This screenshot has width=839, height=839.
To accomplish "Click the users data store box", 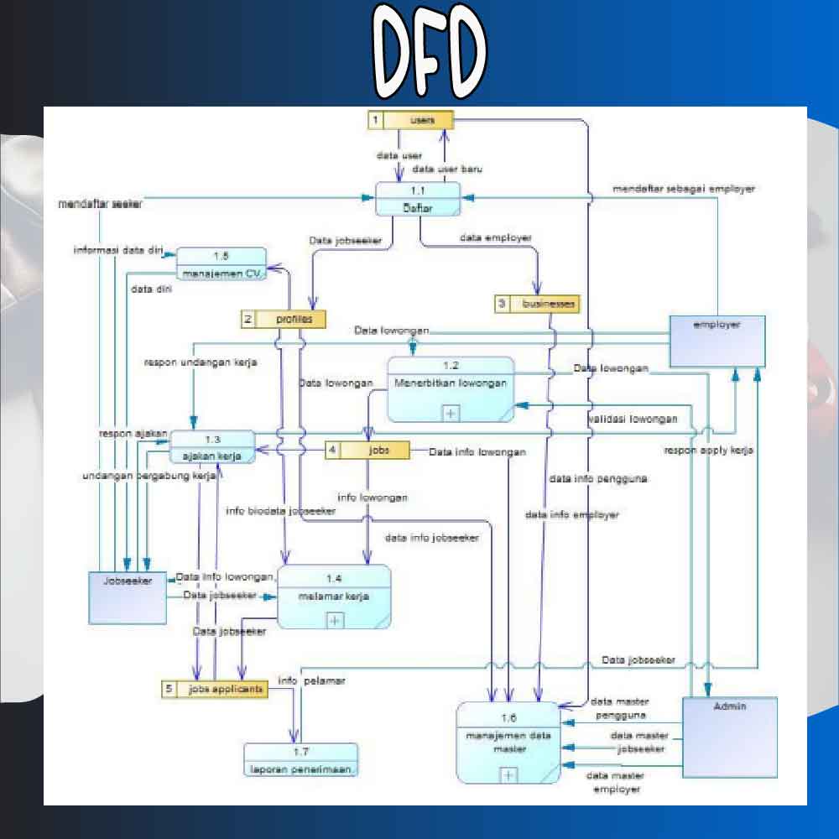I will pyautogui.click(x=411, y=120).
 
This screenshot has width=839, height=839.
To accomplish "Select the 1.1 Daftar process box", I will pyautogui.click(x=418, y=199).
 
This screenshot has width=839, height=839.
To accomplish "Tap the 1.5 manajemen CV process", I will pyautogui.click(x=221, y=263).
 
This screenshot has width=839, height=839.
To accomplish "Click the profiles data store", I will pyautogui.click(x=283, y=319).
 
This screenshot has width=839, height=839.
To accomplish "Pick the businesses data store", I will pyautogui.click(x=537, y=304).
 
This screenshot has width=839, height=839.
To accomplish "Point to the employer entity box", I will pyautogui.click(x=717, y=341).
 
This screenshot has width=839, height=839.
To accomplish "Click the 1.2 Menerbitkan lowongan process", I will pyautogui.click(x=451, y=388).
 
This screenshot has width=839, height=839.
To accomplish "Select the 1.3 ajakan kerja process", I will pyautogui.click(x=212, y=447).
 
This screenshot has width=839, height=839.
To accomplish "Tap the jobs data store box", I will pyautogui.click(x=367, y=451).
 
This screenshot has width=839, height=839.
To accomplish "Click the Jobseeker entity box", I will pyautogui.click(x=128, y=597).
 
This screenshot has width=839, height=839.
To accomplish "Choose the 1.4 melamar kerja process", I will pyautogui.click(x=334, y=596).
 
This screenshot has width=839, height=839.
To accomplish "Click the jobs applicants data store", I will pyautogui.click(x=215, y=690).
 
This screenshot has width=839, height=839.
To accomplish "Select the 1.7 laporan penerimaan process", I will pyautogui.click(x=300, y=759).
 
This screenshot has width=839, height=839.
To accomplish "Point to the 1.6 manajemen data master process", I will pyautogui.click(x=508, y=743).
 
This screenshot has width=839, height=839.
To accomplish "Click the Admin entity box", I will pyautogui.click(x=729, y=737).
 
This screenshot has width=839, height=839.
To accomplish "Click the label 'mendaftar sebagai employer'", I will pyautogui.click(x=683, y=189).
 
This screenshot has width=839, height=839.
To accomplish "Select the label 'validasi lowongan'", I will pyautogui.click(x=633, y=419).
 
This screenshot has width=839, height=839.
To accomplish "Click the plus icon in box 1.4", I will pyautogui.click(x=335, y=620).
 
